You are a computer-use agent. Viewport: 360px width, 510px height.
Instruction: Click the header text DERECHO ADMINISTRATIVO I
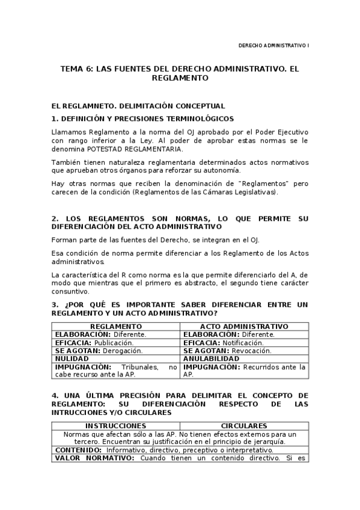pyautogui.click(x=273, y=45)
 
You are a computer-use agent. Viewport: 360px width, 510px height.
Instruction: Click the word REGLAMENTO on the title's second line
pyautogui.click(x=180, y=78)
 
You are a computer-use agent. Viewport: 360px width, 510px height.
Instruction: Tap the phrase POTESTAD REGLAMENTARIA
pyautogui.click(x=124, y=149)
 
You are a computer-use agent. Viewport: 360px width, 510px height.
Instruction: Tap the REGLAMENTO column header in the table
pyautogui.click(x=115, y=326)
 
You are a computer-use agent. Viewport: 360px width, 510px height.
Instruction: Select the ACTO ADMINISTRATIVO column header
pyautogui.click(x=244, y=326)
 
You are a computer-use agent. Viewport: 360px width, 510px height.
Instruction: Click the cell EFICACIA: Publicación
pyautogui.click(x=94, y=342)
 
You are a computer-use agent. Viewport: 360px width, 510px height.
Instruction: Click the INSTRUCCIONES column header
pyautogui.click(x=115, y=425)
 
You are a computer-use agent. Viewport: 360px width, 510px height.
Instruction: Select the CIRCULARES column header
pyautogui.click(x=244, y=425)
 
